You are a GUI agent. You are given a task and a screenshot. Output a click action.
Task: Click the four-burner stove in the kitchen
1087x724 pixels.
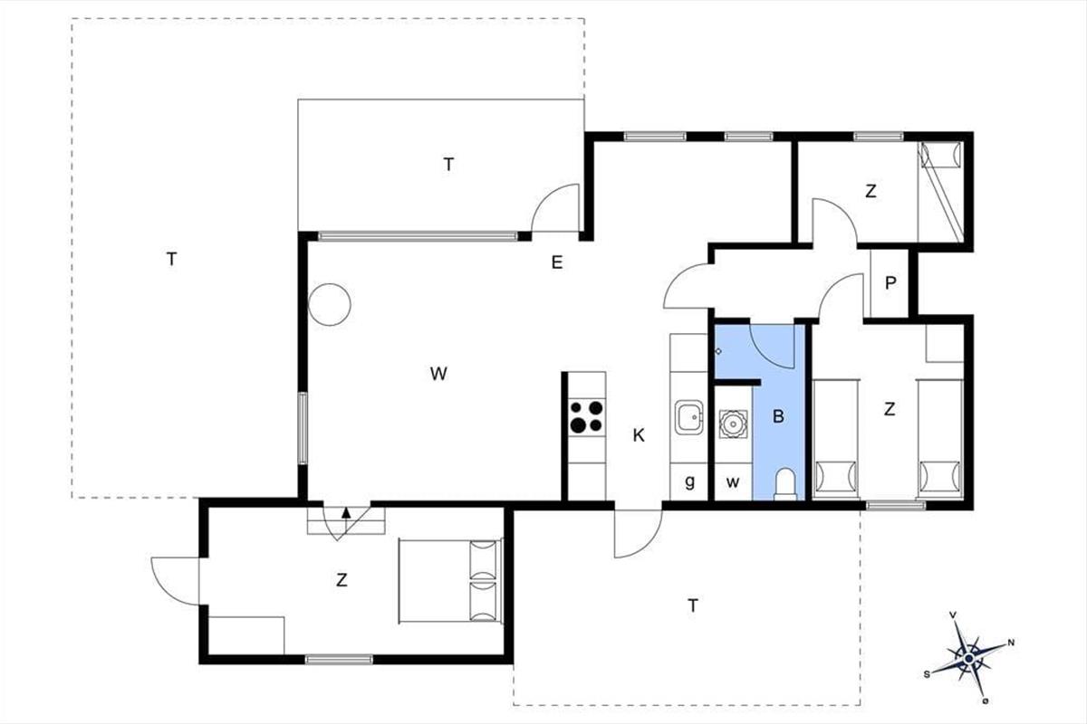[587, 416]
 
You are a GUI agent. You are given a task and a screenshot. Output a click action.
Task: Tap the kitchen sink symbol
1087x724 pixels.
[688, 417]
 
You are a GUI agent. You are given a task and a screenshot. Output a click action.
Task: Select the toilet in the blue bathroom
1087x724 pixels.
[785, 483]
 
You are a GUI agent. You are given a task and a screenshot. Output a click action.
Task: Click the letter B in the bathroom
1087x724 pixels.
[778, 416]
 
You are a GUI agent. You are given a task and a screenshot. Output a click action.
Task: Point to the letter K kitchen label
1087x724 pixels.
[639, 435]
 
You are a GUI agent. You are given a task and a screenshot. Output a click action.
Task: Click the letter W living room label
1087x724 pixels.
[438, 374]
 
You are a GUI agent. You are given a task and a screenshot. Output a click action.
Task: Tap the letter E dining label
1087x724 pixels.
[557, 262]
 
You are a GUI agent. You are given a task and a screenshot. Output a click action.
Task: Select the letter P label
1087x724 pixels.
[890, 282]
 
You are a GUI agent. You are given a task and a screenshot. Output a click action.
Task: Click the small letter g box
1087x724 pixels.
[689, 481]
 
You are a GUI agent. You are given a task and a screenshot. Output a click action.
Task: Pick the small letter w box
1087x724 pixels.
[733, 481]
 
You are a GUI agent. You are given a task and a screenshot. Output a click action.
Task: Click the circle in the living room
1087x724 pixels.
[330, 305]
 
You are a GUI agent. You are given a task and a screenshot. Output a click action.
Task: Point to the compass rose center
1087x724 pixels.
[969, 659]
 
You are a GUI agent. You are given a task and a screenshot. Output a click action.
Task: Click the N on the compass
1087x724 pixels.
[1011, 643]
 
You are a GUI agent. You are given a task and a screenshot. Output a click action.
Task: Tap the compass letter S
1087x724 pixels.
[927, 674]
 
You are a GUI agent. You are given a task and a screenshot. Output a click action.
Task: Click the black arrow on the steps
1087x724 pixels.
[346, 513]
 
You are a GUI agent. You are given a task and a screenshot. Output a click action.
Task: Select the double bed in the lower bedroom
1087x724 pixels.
[450, 580]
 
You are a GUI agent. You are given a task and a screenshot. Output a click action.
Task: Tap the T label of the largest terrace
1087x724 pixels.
[172, 260]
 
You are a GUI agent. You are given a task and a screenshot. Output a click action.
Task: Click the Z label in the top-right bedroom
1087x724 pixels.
[871, 192]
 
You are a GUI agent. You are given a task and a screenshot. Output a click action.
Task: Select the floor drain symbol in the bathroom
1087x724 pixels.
[718, 351]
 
